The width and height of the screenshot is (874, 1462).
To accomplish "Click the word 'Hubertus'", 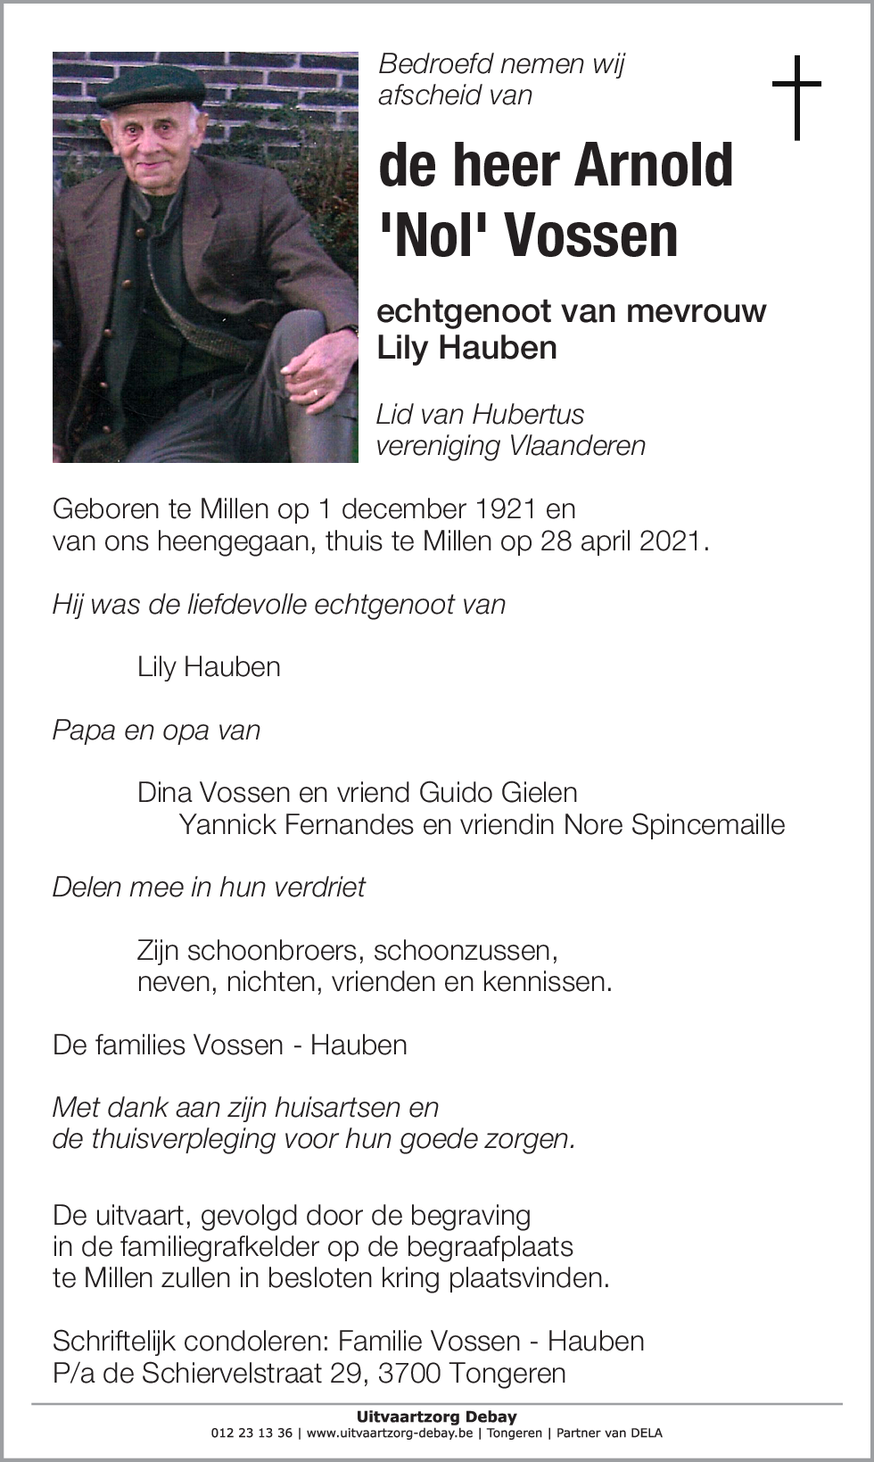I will (x=528, y=414).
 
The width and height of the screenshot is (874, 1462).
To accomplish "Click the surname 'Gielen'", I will (x=539, y=792).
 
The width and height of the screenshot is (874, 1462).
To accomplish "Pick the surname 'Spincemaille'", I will (x=708, y=824).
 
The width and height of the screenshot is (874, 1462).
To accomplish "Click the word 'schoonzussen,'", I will (x=466, y=950).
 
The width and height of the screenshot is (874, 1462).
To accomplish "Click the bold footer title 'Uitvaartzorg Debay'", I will (x=436, y=1416).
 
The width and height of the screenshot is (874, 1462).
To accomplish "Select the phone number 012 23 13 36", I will (x=251, y=1433).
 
